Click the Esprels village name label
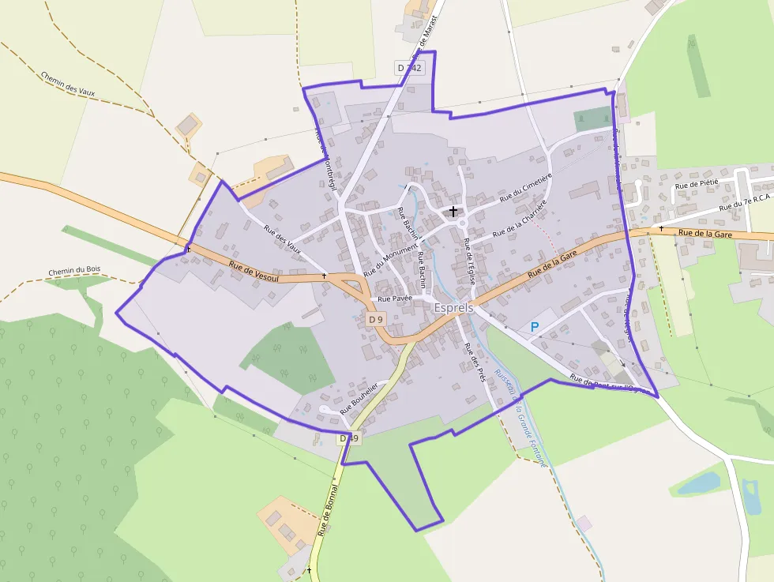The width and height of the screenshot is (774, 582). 453,307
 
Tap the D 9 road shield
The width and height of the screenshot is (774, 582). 376,319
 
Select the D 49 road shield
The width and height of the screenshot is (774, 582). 349,438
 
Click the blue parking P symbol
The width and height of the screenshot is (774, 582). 535,327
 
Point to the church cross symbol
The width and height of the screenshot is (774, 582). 453,211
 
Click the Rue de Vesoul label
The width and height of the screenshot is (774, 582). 255,272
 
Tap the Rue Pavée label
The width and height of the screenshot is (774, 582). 396,299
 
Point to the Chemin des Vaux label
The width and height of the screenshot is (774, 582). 68,83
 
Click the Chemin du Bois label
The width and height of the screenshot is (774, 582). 72,272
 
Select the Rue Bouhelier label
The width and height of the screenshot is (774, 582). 359,398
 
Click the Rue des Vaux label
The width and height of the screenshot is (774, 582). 283,239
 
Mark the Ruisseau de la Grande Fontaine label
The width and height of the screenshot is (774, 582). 520,419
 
